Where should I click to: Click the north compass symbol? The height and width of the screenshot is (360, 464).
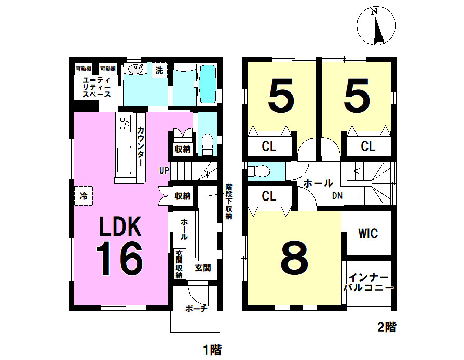tap(376, 26)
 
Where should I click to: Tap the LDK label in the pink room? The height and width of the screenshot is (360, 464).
tap(120, 226)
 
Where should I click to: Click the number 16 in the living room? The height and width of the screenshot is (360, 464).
tap(119, 259)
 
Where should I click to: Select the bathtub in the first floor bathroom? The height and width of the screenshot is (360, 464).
tap(208, 85)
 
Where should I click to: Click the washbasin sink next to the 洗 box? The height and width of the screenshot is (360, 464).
tap(136, 69)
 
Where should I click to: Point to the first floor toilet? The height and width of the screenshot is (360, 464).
tap(208, 144)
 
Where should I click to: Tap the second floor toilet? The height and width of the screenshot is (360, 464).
tap(258, 171)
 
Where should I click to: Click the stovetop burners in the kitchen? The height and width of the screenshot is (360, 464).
tap(125, 123)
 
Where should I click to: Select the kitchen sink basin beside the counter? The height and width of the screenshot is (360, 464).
tap(124, 160)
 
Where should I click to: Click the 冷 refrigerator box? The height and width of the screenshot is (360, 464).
tap(84, 196)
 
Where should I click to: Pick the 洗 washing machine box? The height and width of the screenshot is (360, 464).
tap(159, 71)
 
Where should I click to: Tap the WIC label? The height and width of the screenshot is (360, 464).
tap(368, 234)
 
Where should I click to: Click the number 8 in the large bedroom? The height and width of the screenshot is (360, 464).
tap(294, 257)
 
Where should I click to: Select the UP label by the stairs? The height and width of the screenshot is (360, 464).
tap(164, 171)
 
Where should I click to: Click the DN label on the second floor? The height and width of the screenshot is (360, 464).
tap(337, 196)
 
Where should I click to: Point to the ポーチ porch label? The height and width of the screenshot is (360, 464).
tap(197, 309)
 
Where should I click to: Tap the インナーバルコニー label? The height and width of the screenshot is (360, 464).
tap(369, 283)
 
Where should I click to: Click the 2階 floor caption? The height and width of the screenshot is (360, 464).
tap(387, 327)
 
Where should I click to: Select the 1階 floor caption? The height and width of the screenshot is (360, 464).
tap(212, 350)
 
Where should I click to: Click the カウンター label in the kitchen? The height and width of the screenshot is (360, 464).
tap(141, 146)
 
